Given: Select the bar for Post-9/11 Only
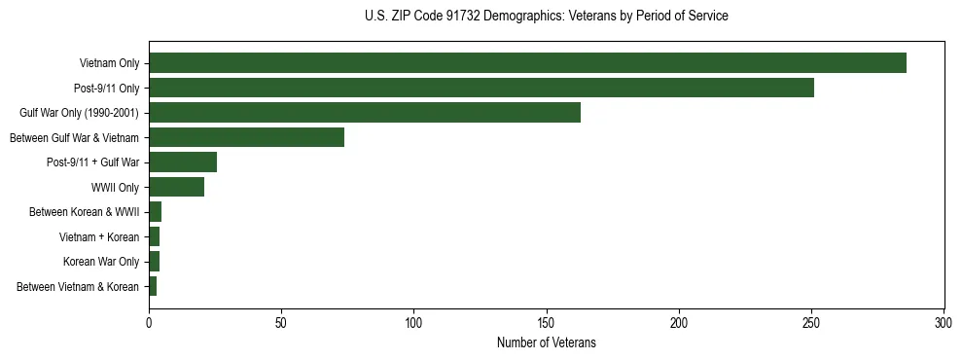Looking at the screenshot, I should pyautogui.click(x=481, y=88).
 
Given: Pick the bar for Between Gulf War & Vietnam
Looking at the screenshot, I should pyautogui.click(x=247, y=137).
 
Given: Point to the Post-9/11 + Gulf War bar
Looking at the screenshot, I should pyautogui.click(x=183, y=162).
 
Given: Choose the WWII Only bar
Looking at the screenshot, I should pyautogui.click(x=176, y=187).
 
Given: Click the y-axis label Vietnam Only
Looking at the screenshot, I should pyautogui.click(x=109, y=63).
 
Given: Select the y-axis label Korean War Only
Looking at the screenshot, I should pyautogui.click(x=101, y=262).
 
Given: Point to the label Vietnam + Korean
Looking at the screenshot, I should pyautogui.click(x=99, y=236).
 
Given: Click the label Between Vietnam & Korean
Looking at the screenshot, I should pyautogui.click(x=78, y=286).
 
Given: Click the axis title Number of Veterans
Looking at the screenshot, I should pyautogui.click(x=546, y=342).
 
